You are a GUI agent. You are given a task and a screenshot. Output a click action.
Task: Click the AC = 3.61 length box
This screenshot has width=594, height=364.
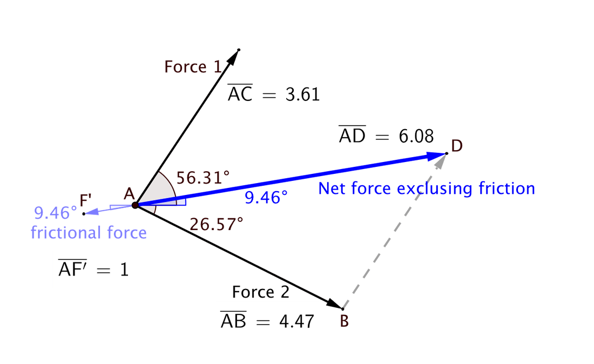[x=274, y=94]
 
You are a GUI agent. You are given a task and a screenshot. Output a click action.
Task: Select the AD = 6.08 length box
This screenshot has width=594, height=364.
[x=386, y=135]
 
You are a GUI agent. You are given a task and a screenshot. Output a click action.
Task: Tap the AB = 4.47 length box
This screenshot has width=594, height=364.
[x=267, y=321]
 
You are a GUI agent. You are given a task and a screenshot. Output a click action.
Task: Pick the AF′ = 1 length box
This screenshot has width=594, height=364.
[x=93, y=268]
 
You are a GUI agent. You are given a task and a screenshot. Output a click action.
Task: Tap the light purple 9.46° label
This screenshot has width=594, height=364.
[x=55, y=211]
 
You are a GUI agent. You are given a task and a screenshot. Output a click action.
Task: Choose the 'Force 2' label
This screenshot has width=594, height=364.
[x=261, y=292]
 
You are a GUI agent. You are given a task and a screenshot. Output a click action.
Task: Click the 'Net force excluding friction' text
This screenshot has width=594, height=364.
[x=427, y=188]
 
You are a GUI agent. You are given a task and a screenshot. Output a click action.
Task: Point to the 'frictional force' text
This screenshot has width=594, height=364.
[x=89, y=233]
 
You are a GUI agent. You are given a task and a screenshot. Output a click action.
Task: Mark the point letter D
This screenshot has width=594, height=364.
[x=457, y=146]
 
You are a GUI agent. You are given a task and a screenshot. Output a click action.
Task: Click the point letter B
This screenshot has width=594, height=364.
[x=345, y=321]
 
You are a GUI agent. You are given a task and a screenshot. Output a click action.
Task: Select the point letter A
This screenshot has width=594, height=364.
[x=129, y=193]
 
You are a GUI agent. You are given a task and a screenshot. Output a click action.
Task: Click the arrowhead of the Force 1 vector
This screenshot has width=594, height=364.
[x=236, y=53]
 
